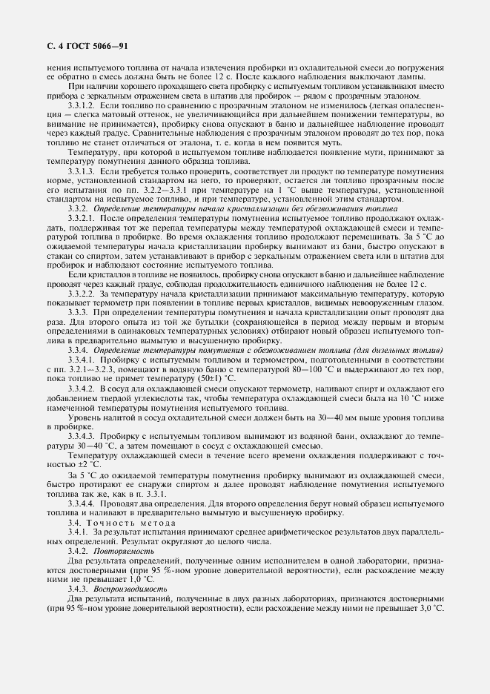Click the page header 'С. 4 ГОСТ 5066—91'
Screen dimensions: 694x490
click(x=83, y=46)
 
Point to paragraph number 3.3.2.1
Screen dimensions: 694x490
click(x=82, y=219)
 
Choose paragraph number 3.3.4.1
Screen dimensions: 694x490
click(x=82, y=359)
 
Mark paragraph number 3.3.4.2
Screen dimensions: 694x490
click(x=82, y=388)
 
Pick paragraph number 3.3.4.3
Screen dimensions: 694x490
click(x=82, y=436)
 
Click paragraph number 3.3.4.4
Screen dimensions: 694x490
click(x=82, y=503)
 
